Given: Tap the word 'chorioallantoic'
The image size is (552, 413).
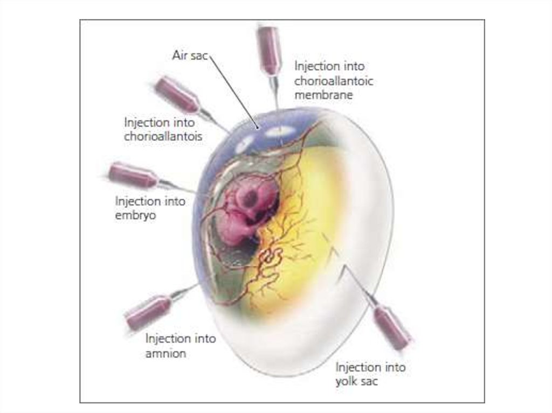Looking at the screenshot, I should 334,81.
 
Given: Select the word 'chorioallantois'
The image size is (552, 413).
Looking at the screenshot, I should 163,136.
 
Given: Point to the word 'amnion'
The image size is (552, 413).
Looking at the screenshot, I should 165,354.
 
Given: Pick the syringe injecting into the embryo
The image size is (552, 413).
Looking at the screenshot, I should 134,175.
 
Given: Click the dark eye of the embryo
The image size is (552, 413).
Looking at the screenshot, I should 250,199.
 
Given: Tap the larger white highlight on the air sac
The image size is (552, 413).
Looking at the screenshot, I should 280,131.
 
